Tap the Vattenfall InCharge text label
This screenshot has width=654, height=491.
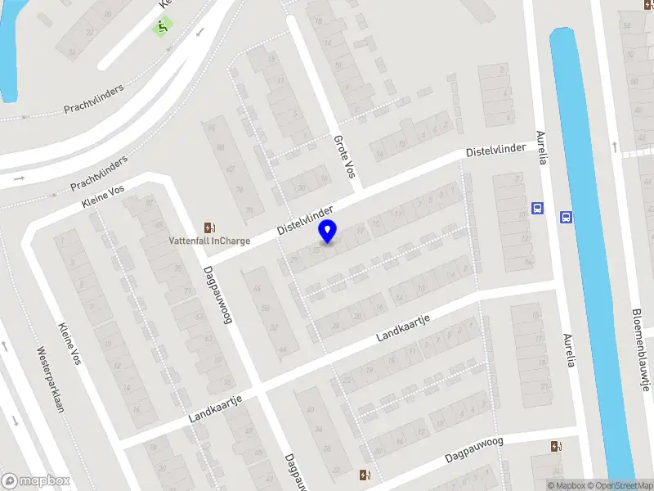(208, 241)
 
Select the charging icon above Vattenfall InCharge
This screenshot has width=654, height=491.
(209, 227)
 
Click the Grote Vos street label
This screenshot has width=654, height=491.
(345, 155)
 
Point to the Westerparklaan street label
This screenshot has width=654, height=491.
(51, 381)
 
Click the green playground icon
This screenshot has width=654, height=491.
(162, 28)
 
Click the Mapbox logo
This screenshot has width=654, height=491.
(35, 481)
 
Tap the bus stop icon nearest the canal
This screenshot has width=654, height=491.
(566, 217)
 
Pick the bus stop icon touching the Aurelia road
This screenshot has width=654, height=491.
(537, 208)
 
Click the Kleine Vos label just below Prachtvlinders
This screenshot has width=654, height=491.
(104, 196)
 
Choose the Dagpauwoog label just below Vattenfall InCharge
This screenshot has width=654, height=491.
(218, 294)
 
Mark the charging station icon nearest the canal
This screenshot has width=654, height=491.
(557, 446)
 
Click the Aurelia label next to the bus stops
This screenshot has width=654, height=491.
(540, 146)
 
